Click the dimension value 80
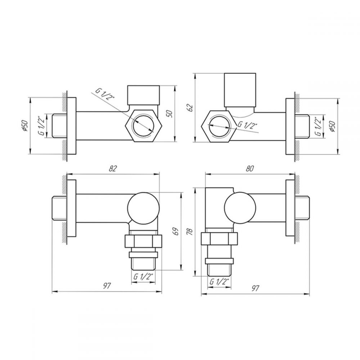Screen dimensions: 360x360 pyautogui.click(x=250, y=168)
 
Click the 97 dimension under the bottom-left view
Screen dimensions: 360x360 pyautogui.click(x=107, y=286)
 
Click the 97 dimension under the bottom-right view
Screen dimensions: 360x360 pyautogui.click(x=255, y=288)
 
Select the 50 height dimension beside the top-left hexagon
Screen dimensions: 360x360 pyautogui.click(x=170, y=114)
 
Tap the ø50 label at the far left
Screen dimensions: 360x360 pyautogui.click(x=25, y=126)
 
